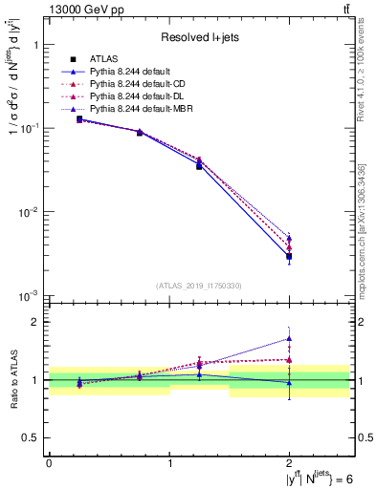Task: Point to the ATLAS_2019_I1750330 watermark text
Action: (x=199, y=285)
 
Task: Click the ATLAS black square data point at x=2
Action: (x=289, y=256)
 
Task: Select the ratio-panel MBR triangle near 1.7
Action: (x=289, y=338)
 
